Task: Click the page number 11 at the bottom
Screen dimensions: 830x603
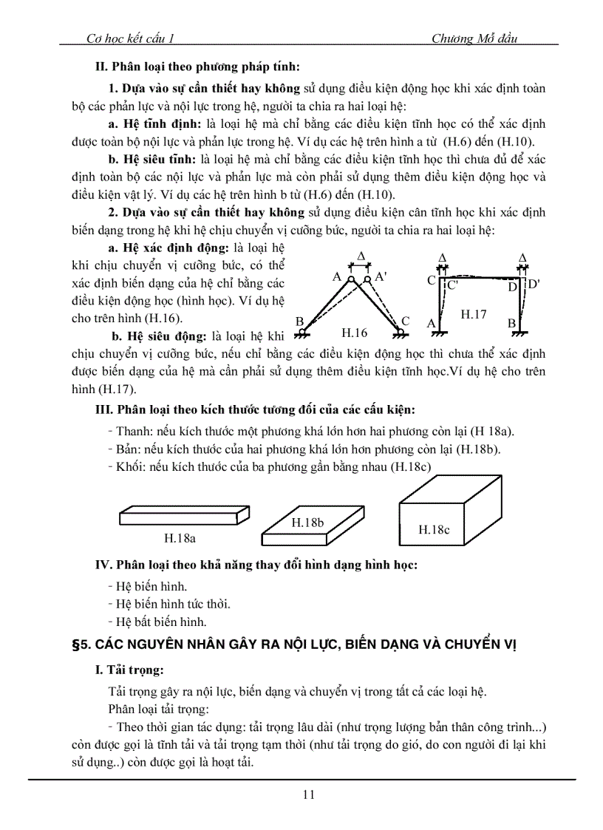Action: tap(308, 795)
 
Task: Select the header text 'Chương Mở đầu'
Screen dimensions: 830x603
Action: tap(474, 39)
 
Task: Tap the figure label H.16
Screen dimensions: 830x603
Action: tap(354, 333)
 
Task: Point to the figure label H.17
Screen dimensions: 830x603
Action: tap(474, 314)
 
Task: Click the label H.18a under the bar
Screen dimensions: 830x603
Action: tap(179, 537)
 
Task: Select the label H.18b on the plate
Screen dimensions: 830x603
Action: tap(308, 523)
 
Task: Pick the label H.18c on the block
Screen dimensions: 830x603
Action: tap(434, 529)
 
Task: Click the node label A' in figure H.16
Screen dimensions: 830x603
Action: tap(381, 276)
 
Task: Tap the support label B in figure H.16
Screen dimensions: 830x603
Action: tap(299, 321)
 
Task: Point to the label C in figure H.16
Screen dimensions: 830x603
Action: tap(405, 321)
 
